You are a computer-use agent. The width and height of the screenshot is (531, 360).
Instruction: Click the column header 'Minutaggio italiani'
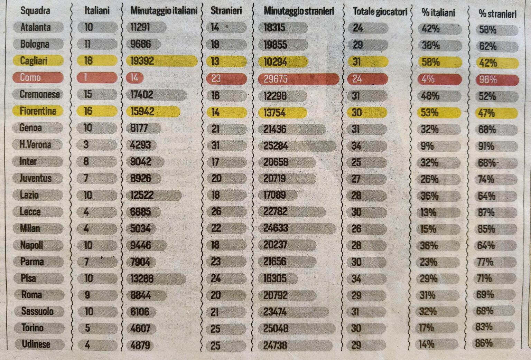164,11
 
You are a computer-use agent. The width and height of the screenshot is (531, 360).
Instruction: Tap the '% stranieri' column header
497,13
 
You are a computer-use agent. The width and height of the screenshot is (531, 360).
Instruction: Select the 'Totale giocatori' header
380,12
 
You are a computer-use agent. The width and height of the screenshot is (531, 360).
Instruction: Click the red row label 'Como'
30,77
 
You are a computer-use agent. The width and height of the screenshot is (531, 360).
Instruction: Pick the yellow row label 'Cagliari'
34,61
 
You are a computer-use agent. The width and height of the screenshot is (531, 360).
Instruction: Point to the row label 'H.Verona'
35,144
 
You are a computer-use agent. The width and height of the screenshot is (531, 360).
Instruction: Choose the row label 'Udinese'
36,344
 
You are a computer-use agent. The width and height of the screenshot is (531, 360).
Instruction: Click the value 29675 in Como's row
276,79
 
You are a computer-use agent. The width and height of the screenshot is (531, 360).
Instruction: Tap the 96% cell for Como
487,80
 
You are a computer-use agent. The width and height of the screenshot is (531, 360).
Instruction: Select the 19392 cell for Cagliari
142,61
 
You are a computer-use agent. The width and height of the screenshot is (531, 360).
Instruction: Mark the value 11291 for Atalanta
140,27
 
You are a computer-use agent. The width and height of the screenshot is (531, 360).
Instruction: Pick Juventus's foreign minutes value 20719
274,179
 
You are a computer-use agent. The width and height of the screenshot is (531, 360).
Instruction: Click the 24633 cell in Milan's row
276,228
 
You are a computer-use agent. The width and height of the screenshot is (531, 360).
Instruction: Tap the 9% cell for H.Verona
427,146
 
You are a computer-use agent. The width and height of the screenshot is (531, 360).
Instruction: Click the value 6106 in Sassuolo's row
140,312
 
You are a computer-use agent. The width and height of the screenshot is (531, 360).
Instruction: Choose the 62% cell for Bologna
487,46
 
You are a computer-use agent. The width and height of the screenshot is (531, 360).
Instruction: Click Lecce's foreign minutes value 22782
275,211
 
